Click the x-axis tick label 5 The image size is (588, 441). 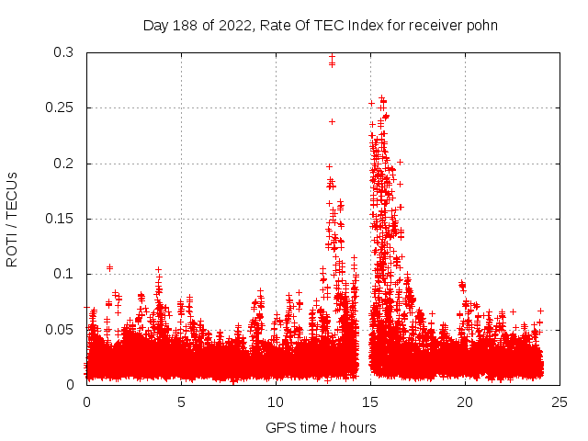(x=181, y=401)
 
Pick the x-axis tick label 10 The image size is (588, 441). (x=276, y=401)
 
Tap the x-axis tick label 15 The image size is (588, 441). (x=370, y=401)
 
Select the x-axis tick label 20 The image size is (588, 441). (x=465, y=401)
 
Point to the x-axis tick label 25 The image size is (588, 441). (x=560, y=401)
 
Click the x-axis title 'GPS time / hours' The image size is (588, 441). (x=321, y=427)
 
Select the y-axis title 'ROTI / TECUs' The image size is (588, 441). (x=12, y=219)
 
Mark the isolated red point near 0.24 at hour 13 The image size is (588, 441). (x=333, y=121)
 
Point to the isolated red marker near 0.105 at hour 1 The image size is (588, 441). (x=109, y=267)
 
